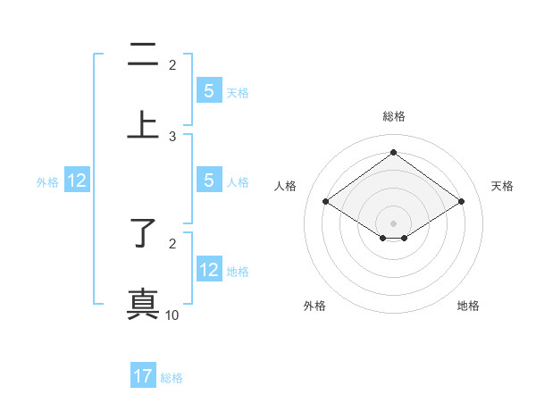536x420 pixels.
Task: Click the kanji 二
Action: (143, 55)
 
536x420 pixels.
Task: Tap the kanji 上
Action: (143, 126)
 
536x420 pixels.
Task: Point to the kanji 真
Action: (143, 304)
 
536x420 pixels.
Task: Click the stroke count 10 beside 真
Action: (172, 315)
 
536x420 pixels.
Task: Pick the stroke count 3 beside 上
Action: (172, 136)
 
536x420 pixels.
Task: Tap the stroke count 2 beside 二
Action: (172, 64)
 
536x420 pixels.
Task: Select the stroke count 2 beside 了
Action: (172, 243)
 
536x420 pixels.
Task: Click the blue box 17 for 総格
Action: (143, 376)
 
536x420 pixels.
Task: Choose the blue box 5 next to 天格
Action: (209, 90)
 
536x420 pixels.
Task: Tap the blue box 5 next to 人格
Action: (209, 181)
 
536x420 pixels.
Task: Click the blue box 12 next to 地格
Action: (209, 270)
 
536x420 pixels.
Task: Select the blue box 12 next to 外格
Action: (77, 181)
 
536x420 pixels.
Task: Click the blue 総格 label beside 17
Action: (172, 377)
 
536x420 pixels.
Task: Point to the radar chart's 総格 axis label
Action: (393, 117)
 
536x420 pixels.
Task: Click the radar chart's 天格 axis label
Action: (503, 186)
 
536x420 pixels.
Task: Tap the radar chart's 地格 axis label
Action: (468, 306)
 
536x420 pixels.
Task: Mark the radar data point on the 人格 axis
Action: (326, 202)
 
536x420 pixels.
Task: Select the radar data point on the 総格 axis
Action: (393, 152)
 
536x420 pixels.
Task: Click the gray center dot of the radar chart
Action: (393, 223)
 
